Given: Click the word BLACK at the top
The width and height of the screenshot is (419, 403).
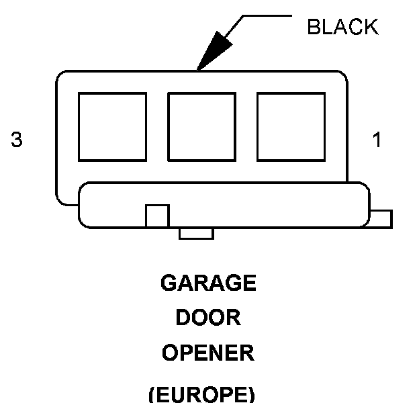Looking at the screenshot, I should click(342, 27).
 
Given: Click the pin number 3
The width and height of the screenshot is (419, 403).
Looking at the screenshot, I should click(17, 140).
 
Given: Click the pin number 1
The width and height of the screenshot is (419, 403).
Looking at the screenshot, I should click(377, 140).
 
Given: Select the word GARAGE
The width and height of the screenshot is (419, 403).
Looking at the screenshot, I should click(208, 283).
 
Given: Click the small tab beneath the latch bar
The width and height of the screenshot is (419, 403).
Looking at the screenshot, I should click(196, 233).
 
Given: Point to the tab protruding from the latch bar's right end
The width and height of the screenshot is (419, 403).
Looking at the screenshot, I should click(381, 219).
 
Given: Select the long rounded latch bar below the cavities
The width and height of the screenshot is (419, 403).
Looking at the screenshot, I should click(269, 205).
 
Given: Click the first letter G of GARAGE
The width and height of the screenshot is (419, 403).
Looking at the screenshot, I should click(169, 283).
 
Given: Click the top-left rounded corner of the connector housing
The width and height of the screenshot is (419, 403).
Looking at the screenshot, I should click(61, 77).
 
